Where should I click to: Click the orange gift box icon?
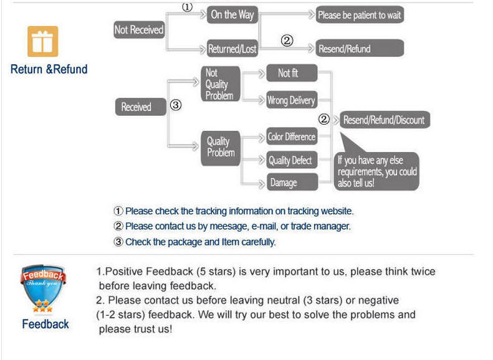point(43,42)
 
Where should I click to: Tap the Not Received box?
point(139,30)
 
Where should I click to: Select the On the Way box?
point(232,15)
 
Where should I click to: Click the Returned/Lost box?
point(232,49)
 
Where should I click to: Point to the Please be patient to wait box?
point(360,15)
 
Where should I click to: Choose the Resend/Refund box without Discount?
point(360,48)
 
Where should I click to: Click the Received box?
point(140,107)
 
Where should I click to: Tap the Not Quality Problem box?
point(221,84)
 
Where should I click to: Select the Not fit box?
point(292,73)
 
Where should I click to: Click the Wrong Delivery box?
point(292,100)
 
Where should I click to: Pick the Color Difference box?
point(292,136)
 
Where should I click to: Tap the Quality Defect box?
point(292,160)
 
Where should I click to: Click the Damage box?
point(292,182)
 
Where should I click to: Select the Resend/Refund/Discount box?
point(385,120)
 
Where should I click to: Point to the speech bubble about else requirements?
point(376,171)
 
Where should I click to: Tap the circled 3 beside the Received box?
point(176,105)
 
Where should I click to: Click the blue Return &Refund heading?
point(49,69)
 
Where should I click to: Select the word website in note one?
point(337,211)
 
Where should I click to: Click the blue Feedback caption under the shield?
point(45,324)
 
